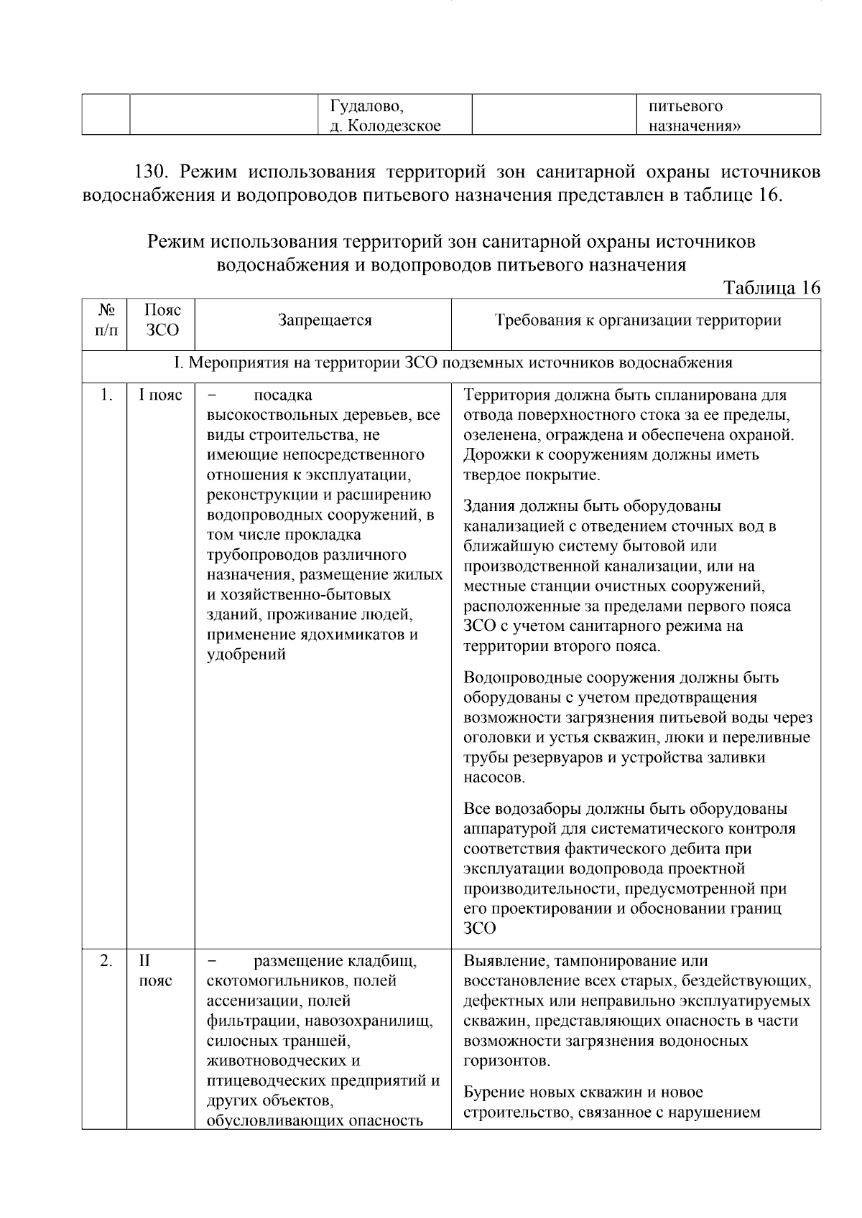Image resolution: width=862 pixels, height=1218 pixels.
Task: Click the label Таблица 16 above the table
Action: point(771,288)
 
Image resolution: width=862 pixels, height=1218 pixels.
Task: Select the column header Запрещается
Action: point(325,321)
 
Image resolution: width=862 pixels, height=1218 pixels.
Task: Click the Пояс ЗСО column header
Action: point(162,320)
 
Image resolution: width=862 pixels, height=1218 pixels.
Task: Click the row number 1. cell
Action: point(106,395)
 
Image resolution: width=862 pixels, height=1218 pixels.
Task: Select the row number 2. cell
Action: point(106,961)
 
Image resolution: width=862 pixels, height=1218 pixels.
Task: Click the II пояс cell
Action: point(156,970)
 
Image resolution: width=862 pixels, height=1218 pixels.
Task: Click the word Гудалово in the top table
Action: point(366,107)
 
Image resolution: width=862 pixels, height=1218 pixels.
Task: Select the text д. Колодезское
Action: point(385,126)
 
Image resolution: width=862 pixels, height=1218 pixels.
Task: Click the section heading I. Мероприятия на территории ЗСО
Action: point(453,362)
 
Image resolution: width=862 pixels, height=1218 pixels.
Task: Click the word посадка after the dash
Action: point(283,395)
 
